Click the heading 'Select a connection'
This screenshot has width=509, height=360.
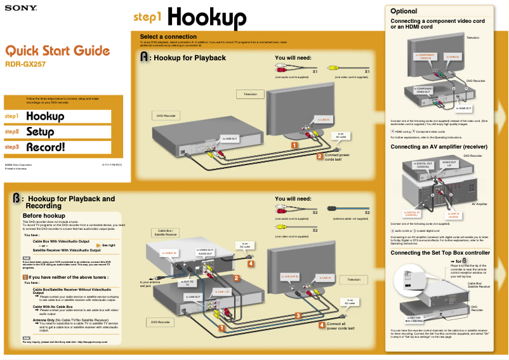[x=168, y=37]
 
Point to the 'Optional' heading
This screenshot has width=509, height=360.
[x=404, y=11]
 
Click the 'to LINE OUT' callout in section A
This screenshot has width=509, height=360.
[x=229, y=138]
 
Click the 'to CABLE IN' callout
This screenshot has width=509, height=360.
[x=169, y=253]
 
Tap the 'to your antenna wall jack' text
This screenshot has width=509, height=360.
[x=149, y=284]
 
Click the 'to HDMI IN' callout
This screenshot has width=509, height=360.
[x=453, y=57]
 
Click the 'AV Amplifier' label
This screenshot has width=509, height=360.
[x=479, y=204]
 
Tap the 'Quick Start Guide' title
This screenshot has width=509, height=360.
[x=58, y=51]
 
